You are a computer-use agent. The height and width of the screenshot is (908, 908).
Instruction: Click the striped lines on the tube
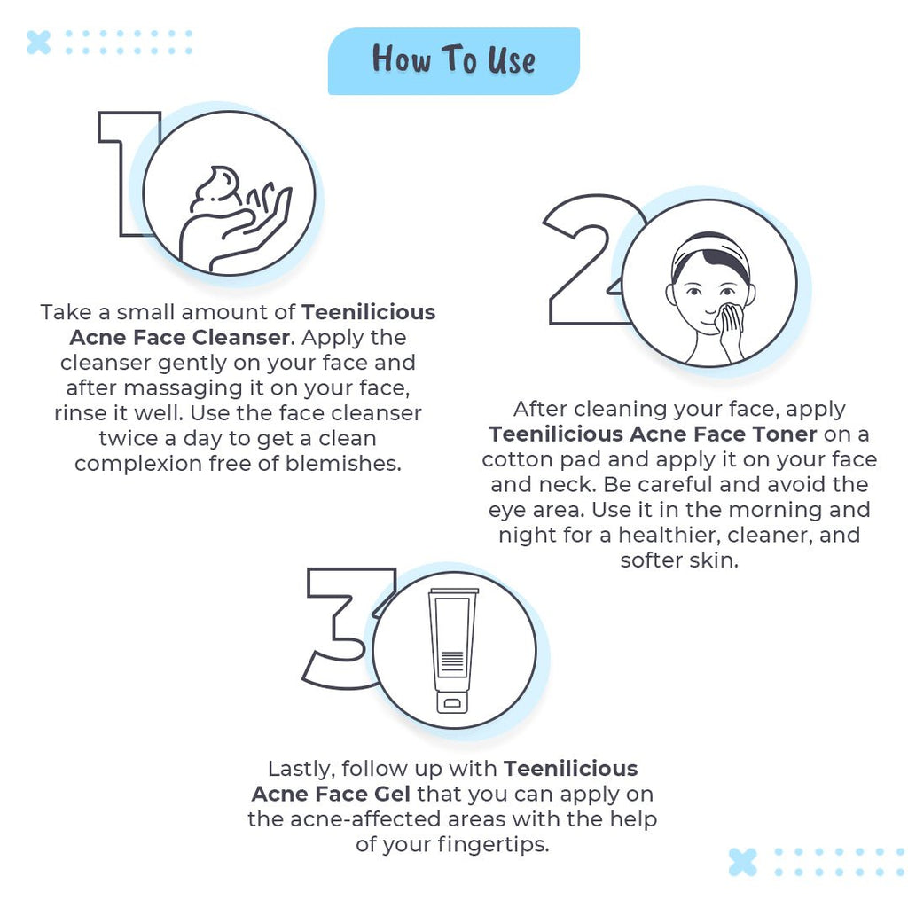coord(452,661)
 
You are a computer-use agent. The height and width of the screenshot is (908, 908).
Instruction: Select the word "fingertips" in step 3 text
coord(493,844)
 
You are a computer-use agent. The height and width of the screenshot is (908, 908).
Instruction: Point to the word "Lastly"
coord(301,768)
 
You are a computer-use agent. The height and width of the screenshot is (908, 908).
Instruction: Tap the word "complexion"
coord(143,464)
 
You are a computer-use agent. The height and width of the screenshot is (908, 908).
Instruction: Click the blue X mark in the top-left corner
coord(39,42)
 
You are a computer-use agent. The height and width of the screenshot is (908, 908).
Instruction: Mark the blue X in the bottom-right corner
coord(743,862)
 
